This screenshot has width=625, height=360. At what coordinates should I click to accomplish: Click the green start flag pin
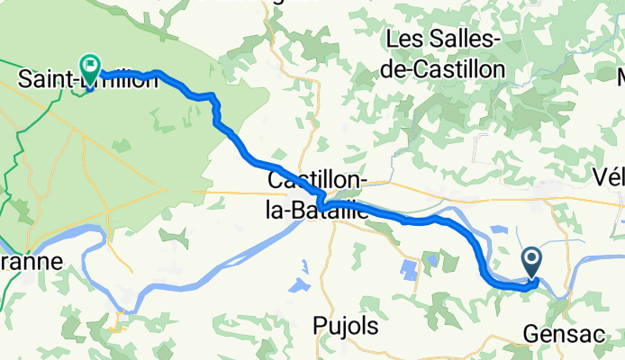coord(90,66)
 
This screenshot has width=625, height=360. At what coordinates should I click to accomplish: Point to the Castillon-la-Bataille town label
coord(318,195)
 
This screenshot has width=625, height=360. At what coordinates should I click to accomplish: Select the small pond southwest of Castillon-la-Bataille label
coord(296,287)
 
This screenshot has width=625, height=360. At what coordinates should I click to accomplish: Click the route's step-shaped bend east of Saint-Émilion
coord(214,104)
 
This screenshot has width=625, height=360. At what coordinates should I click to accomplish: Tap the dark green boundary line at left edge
coord(10,180)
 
